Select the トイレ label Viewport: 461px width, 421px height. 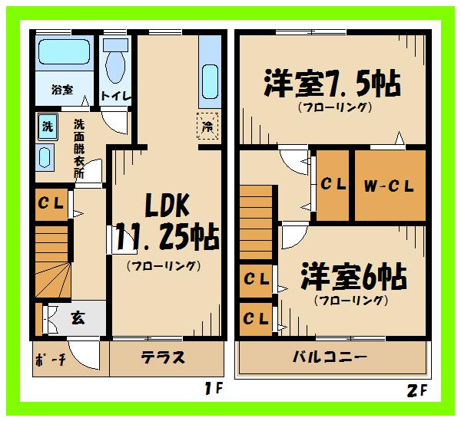coord(116,96)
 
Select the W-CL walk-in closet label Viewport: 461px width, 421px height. coord(389,185)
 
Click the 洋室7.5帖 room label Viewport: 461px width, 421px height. coord(332,83)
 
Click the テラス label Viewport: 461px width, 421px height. coord(163,358)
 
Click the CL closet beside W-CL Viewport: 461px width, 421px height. coord(332,185)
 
